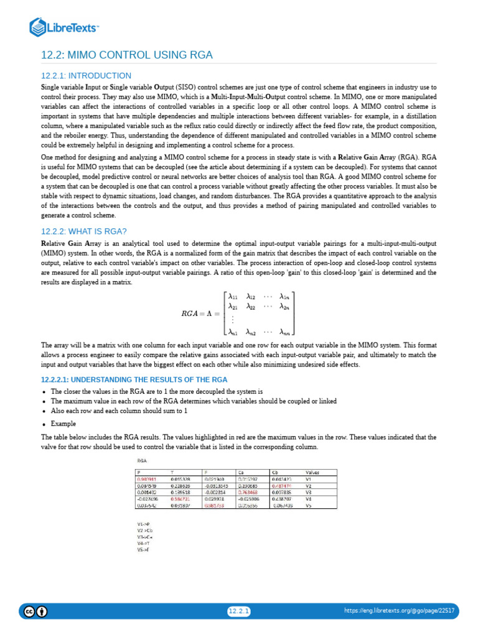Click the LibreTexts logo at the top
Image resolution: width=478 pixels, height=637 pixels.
[x=65, y=27]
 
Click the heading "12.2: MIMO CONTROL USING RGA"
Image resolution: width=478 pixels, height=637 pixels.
[x=127, y=55]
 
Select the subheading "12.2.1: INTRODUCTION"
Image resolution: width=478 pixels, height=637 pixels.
[x=86, y=75]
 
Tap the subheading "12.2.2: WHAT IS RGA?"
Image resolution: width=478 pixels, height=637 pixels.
[x=83, y=231]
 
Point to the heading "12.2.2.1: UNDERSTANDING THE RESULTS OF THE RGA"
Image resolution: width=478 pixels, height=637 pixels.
[x=134, y=379]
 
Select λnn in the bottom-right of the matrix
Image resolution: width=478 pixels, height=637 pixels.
[x=283, y=332]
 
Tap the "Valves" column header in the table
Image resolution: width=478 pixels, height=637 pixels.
[x=313, y=472]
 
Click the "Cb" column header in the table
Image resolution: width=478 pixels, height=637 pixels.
[x=276, y=472]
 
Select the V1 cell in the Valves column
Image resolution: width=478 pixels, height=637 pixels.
[x=308, y=479]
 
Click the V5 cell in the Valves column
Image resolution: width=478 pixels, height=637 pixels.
[x=308, y=505]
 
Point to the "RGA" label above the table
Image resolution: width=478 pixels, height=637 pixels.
[x=142, y=460]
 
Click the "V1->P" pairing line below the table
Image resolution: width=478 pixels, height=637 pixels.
[x=143, y=524]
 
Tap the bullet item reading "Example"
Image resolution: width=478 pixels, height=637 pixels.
[x=63, y=423]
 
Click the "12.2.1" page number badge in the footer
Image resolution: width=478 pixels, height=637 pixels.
[x=238, y=611]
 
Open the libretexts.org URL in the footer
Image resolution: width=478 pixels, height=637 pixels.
[x=399, y=611]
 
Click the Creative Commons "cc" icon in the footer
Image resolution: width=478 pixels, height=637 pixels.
[x=29, y=611]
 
